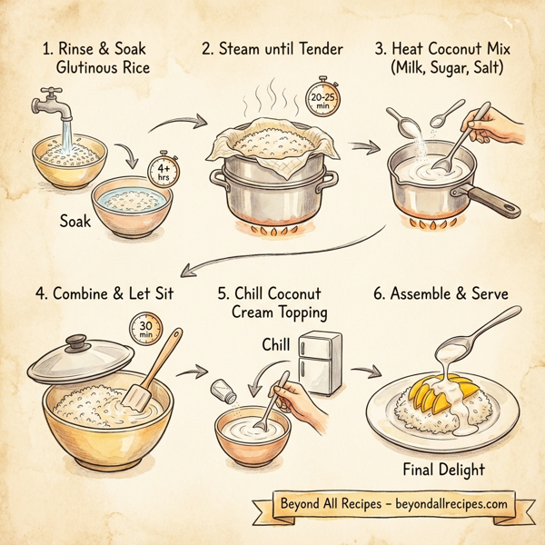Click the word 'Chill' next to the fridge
pyautogui.click(x=278, y=345)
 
